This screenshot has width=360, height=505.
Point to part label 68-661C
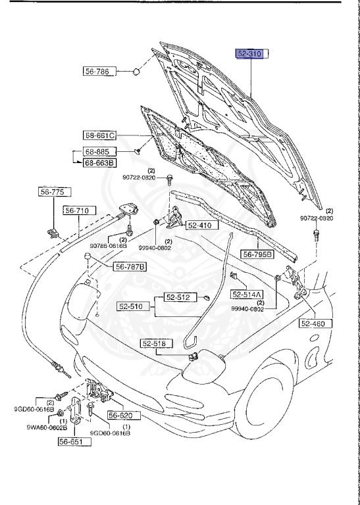[x=99, y=135]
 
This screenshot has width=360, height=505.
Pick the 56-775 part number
[x=49, y=192]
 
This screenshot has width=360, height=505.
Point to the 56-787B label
[x=130, y=266]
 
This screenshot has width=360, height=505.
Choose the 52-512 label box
[x=176, y=297]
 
